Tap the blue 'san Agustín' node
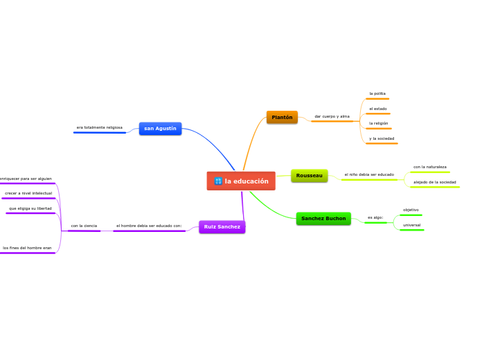click(x=160, y=128)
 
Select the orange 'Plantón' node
click(x=282, y=117)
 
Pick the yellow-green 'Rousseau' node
click(x=309, y=175)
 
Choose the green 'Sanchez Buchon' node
click(x=323, y=218)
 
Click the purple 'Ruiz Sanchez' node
click(x=222, y=226)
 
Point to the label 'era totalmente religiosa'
click(x=100, y=127)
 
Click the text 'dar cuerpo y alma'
click(x=332, y=116)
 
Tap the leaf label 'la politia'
click(x=377, y=93)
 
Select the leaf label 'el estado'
click(x=378, y=109)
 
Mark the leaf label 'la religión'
click(x=379, y=123)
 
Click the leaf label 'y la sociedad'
click(x=382, y=138)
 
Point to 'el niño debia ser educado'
click(x=369, y=174)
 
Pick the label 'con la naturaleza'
click(x=430, y=167)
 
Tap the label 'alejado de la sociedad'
click(x=435, y=182)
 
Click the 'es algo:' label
click(x=375, y=217)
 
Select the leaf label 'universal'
click(x=411, y=225)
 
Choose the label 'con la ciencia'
click(x=84, y=226)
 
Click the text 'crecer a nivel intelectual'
click(x=28, y=193)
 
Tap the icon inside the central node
click(x=218, y=181)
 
